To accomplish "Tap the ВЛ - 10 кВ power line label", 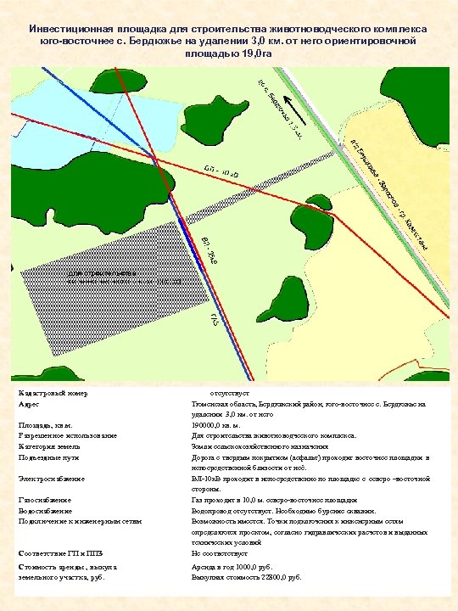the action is (x=222, y=171).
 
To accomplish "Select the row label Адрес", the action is (x=29, y=406).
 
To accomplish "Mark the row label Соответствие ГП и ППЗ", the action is (x=59, y=552).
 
